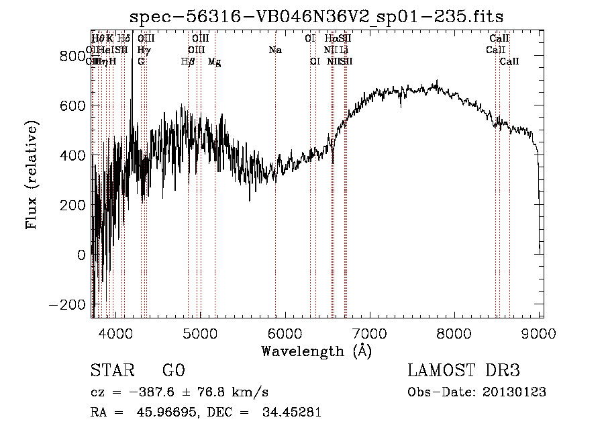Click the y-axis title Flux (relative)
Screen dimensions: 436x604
click(x=32, y=175)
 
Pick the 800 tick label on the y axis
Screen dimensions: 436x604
click(x=72, y=56)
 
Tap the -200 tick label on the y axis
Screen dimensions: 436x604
click(x=68, y=304)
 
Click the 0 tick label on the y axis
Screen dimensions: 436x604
click(x=82, y=255)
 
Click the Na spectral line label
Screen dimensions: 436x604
click(x=275, y=50)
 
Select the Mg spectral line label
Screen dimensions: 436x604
click(x=215, y=62)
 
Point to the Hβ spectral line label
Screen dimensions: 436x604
click(x=189, y=62)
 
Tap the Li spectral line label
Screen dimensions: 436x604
click(x=344, y=50)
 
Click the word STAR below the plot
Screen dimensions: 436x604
click(x=109, y=371)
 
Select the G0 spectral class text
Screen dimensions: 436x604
click(x=173, y=371)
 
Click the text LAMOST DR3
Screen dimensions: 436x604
click(x=463, y=371)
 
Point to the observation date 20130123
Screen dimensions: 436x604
click(x=514, y=392)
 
